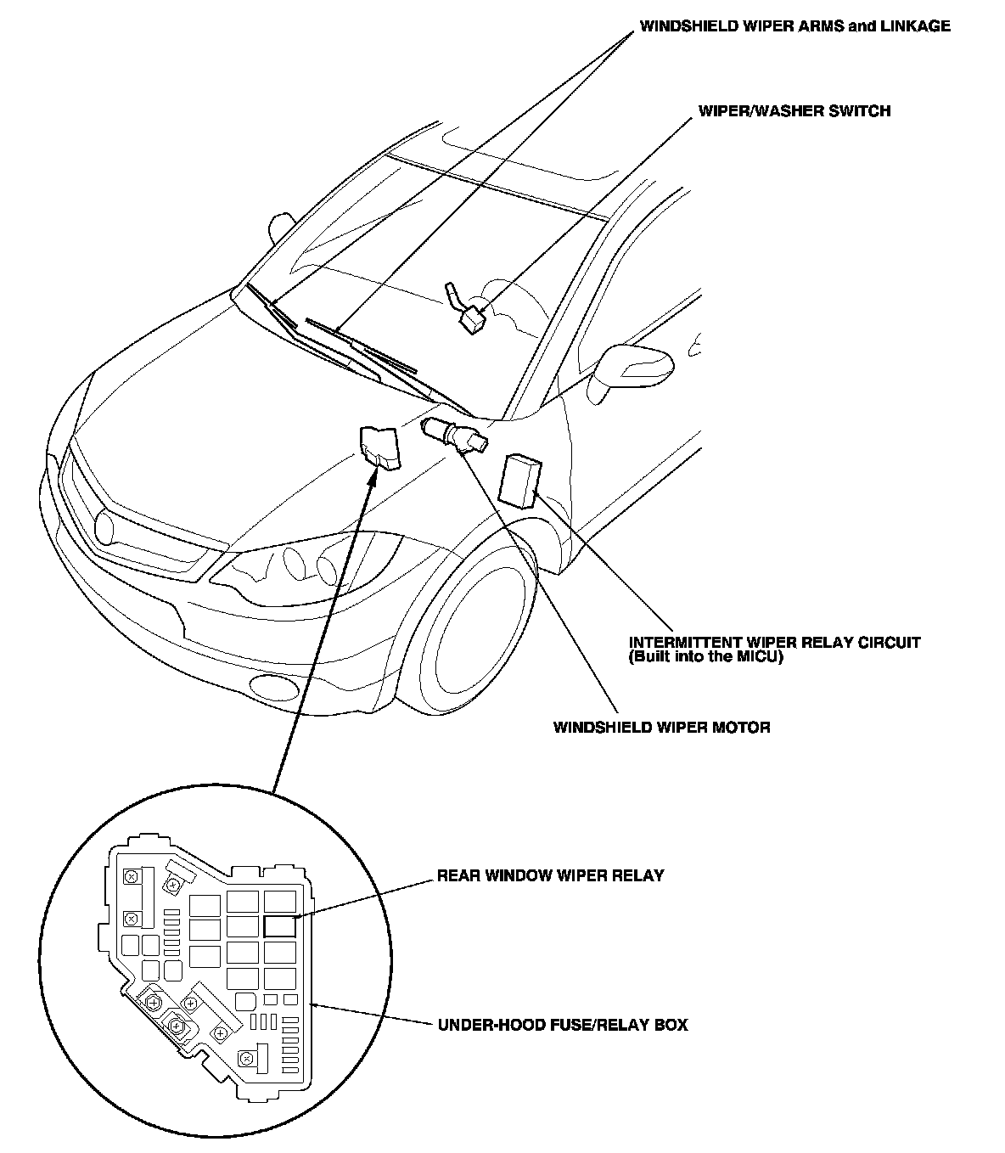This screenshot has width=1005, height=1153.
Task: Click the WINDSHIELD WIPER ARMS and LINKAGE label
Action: (794, 26)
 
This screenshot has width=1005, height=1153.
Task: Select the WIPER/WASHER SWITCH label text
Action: (794, 110)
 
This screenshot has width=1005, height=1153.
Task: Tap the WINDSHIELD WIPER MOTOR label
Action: (661, 727)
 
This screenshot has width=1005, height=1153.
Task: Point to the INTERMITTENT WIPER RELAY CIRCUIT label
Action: (774, 643)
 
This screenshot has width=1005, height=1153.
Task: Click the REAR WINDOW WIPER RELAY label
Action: (550, 875)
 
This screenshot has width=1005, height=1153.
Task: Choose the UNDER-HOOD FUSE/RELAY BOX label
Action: (562, 1025)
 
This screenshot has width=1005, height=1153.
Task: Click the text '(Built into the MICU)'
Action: (705, 657)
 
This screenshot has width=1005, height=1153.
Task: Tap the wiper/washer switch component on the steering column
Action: (469, 318)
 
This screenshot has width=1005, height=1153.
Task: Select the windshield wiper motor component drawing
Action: (455, 433)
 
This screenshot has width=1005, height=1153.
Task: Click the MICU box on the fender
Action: (520, 480)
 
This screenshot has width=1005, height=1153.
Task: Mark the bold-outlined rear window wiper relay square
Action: (278, 925)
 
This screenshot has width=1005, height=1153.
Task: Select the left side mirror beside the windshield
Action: (279, 227)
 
